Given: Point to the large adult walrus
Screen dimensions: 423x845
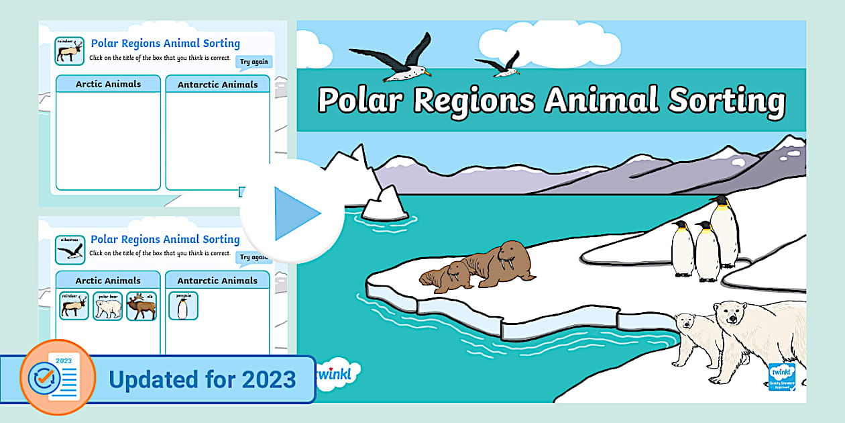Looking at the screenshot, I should tap(500, 263).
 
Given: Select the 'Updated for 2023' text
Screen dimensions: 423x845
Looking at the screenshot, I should tap(202, 379).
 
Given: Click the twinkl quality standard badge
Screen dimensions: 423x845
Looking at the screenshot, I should tap(782, 376).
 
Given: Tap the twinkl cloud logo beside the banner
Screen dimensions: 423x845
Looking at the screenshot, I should tap(335, 373).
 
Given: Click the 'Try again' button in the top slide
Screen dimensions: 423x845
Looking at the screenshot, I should tap(254, 62).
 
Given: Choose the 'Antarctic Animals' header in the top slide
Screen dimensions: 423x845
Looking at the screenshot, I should tap(217, 85).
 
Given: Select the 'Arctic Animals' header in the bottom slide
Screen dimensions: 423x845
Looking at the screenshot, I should tap(108, 280).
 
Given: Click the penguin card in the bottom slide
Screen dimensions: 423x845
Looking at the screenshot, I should tap(182, 305).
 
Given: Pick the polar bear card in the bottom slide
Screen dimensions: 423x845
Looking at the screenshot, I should tap(107, 305).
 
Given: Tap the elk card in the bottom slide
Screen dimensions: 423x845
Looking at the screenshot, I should tap(141, 305).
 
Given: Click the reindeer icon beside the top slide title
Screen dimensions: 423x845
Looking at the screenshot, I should tap(69, 51).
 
